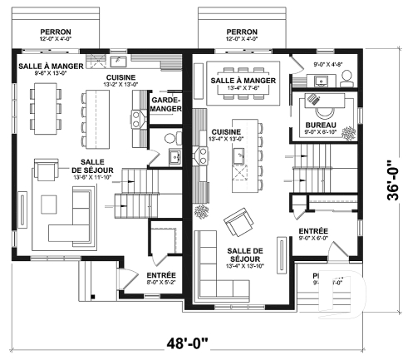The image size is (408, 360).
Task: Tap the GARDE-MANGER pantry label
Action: pyautogui.click(x=166, y=102)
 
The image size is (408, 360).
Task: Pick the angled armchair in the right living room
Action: pyautogui.click(x=240, y=220)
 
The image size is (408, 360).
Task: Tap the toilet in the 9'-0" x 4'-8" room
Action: pyautogui.click(x=347, y=77)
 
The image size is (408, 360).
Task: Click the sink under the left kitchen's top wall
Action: pyautogui.click(x=120, y=62)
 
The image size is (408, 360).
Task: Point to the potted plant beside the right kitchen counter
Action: pyautogui.click(x=200, y=211)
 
